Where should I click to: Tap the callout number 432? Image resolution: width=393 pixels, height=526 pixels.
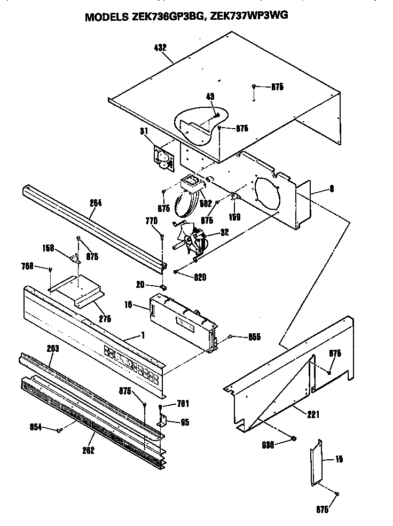(160, 48)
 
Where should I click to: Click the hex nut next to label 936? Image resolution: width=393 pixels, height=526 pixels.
(293, 439)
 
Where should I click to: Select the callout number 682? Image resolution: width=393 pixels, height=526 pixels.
(206, 203)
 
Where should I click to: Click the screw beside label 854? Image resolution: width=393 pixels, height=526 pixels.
(60, 429)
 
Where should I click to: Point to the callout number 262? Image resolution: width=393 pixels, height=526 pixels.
(89, 450)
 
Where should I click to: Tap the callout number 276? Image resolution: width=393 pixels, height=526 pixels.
(105, 319)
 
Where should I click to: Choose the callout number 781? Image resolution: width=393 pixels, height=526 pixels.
(183, 403)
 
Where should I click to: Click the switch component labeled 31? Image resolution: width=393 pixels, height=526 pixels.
(163, 158)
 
